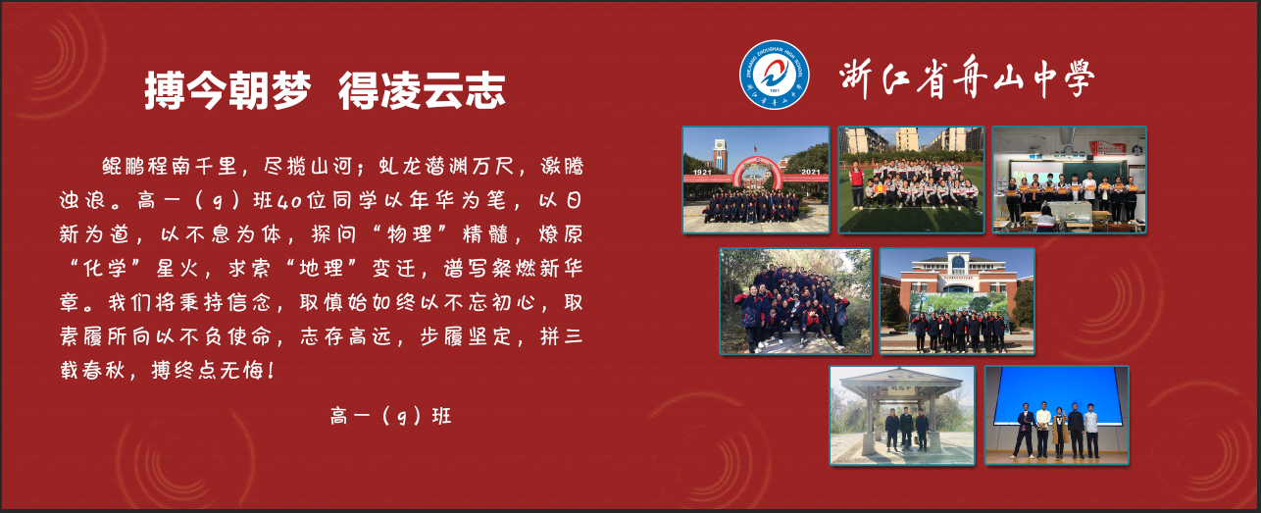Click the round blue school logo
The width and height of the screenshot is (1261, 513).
click(x=774, y=75)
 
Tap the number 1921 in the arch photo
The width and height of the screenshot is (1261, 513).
click(x=702, y=173)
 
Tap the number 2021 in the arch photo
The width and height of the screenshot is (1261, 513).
click(x=811, y=173)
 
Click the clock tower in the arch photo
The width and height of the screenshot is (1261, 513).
click(x=720, y=155)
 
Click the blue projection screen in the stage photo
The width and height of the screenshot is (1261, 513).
click(x=1057, y=395)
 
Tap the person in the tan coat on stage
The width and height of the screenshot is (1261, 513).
click(x=1059, y=433)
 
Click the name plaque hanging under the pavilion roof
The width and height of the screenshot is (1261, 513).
click(x=901, y=389)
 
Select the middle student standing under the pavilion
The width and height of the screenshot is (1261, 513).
click(x=906, y=428)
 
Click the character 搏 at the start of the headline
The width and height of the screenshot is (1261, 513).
click(x=165, y=90)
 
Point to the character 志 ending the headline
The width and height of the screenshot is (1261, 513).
click(x=484, y=90)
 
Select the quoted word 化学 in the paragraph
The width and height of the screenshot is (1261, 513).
click(x=105, y=268)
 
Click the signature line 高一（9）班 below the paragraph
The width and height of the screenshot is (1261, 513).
click(x=390, y=416)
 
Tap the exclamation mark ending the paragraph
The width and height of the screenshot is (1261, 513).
click(x=272, y=370)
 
